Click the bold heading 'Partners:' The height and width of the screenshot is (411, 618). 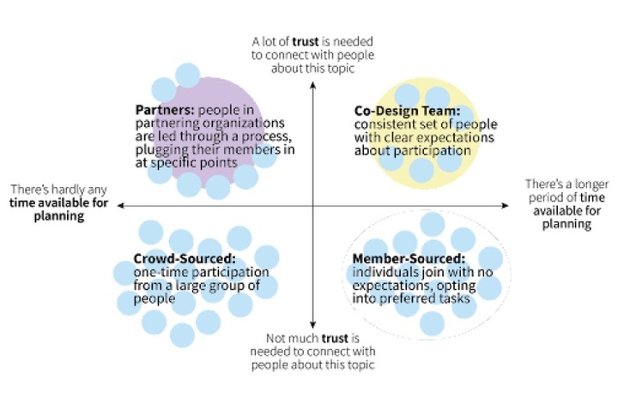tap(165, 110)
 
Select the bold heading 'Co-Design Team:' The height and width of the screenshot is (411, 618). tap(407, 111)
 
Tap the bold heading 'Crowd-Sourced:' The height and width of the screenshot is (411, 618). tap(185, 259)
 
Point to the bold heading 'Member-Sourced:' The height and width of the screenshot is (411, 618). tap(409, 259)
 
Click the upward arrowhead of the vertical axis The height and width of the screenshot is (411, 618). tap(312, 84)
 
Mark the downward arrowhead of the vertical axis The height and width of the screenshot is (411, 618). tap(312, 325)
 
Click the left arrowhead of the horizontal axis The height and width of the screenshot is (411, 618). tap(121, 205)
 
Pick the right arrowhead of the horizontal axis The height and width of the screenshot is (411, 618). tap(505, 205)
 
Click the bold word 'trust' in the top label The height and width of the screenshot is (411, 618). tap(306, 41)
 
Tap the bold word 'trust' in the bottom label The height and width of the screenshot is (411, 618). tap(335, 338)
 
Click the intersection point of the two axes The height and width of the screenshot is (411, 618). tap(312, 205)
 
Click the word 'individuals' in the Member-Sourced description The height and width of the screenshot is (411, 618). tap(385, 272)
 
